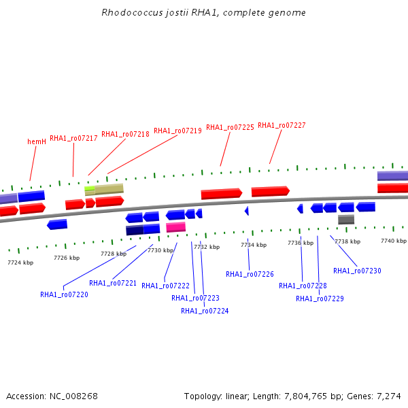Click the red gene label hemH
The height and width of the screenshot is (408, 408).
[37, 141]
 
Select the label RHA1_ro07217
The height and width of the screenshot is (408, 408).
[73, 138]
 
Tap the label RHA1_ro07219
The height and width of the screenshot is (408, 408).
[177, 131]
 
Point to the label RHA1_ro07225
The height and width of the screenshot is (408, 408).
[230, 127]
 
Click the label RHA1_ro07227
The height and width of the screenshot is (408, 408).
[282, 125]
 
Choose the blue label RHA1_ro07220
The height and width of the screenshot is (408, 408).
[64, 294]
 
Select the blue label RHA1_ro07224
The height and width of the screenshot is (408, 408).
[205, 311]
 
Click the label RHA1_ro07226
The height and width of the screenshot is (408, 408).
[250, 274]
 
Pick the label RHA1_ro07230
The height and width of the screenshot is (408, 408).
[357, 271]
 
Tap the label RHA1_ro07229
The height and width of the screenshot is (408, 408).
[320, 299]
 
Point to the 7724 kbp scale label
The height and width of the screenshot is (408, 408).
[20, 262]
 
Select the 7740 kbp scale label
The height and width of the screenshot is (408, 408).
[393, 241]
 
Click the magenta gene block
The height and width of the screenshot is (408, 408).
[175, 227]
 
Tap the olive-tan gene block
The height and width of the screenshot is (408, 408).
[107, 188]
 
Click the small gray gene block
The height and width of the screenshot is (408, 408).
[346, 219]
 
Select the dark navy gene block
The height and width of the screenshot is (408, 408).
[135, 231]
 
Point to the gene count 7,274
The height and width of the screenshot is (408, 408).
[389, 396]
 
